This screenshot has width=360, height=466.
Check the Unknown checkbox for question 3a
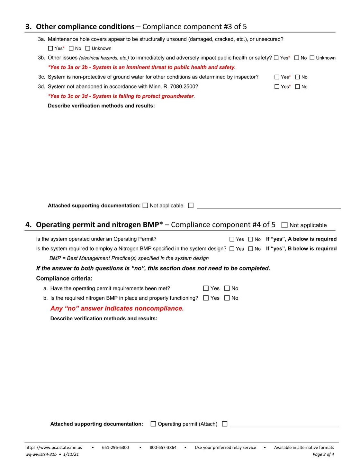[x=88, y=48]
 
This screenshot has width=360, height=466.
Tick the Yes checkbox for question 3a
[x=50, y=48]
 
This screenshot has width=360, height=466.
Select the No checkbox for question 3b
[x=297, y=58]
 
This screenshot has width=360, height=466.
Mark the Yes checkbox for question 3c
[x=277, y=77]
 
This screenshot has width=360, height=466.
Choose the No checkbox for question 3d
[x=297, y=87]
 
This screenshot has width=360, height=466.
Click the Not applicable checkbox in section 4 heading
[x=284, y=225]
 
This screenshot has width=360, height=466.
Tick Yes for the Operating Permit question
[x=232, y=239]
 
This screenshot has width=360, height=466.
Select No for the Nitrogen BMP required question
[x=251, y=249]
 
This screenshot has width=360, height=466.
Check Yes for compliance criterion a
[x=206, y=288]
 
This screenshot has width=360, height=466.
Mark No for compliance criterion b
[x=227, y=298]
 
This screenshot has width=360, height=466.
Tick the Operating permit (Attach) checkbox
[x=153, y=424]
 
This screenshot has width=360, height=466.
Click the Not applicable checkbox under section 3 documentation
[x=145, y=206]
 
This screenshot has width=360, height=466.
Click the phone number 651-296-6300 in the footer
[x=115, y=447]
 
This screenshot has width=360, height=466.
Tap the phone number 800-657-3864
[x=163, y=447]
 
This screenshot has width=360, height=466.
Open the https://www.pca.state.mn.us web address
[x=54, y=447]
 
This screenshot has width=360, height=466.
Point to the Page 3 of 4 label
[x=323, y=454]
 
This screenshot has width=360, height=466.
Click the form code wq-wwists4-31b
[x=41, y=454]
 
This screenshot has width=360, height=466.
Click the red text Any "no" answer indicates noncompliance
[x=117, y=308]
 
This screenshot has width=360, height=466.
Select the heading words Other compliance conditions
[x=85, y=27]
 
